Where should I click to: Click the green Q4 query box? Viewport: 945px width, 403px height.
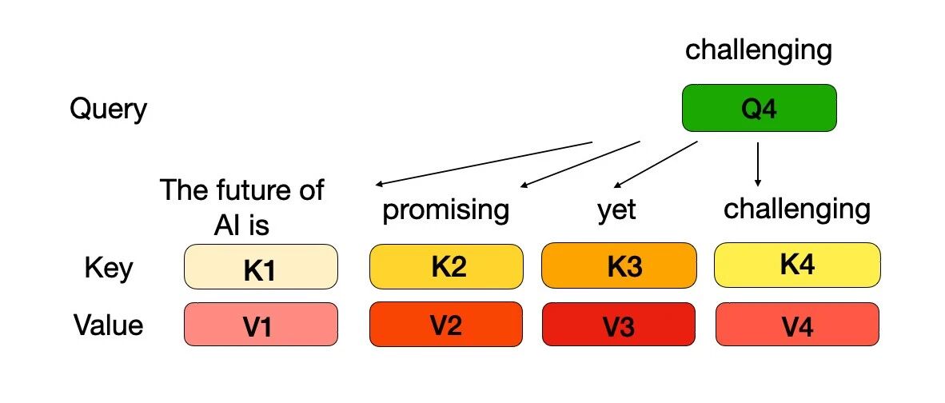coord(759,108)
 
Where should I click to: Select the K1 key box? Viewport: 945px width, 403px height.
coord(261,267)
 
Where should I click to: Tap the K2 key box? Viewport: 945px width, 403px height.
coord(446,266)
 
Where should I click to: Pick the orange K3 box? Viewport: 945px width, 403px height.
coord(619,265)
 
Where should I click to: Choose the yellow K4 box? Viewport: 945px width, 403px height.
coord(797,265)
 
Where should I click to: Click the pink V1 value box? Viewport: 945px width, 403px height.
coord(261,325)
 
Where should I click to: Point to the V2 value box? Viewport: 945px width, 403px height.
coord(446,325)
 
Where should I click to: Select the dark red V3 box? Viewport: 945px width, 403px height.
coord(618,325)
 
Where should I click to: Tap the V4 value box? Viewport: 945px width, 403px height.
coord(797,325)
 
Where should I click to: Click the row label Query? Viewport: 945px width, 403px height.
coord(109,110)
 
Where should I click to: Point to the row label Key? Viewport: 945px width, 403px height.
coord(109,268)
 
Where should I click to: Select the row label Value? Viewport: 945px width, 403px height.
coord(109,325)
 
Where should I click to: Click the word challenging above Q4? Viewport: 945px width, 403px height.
coord(759,51)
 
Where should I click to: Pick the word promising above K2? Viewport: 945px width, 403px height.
coord(446,211)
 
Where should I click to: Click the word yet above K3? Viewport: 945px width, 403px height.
coord(616,211)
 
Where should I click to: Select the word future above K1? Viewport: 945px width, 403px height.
coord(246,190)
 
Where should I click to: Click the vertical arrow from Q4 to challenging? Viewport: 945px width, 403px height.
coord(758,164)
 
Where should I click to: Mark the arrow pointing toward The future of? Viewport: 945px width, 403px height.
coord(484,164)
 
